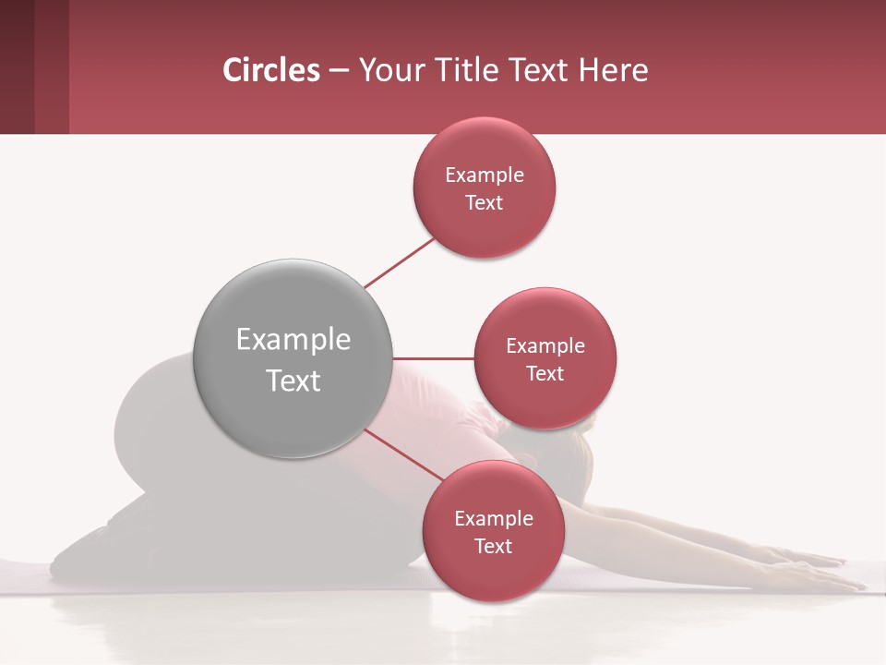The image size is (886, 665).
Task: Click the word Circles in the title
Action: click(270, 70)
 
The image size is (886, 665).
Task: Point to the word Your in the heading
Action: click(388, 70)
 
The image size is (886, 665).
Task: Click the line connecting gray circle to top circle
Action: click(400, 262)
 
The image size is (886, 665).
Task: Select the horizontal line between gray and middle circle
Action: click(434, 358)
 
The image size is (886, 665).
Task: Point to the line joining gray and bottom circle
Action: click(403, 454)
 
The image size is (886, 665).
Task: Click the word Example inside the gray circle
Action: click(293, 340)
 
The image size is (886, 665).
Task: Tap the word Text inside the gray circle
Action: click(293, 381)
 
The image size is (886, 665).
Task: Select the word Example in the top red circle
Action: click(484, 175)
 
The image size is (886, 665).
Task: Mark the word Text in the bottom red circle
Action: click(493, 547)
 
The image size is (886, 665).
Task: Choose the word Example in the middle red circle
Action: click(545, 346)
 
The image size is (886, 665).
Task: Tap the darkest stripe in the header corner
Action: click(17, 66)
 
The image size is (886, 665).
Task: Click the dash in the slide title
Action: click(338, 71)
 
